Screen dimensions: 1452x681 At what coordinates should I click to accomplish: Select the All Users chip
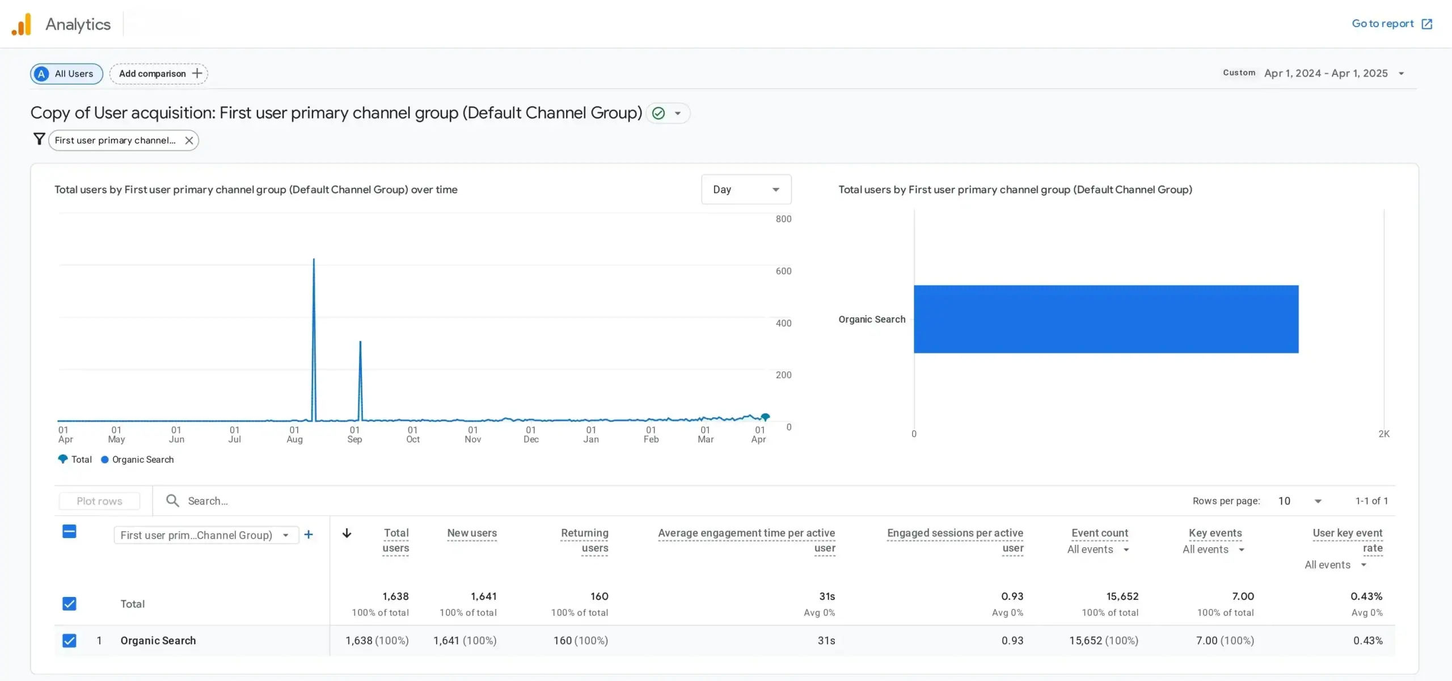66,74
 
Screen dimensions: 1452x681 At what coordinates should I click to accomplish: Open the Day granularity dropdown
746,190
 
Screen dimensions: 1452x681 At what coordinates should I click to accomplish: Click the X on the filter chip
189,140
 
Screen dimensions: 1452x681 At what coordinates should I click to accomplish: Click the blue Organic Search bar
1106,319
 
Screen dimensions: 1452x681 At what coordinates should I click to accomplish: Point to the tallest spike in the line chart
314,260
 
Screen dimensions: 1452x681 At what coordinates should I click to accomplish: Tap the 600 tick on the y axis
783,271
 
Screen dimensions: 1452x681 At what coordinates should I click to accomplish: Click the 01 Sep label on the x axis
354,435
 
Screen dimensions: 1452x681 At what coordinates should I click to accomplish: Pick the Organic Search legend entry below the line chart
137,460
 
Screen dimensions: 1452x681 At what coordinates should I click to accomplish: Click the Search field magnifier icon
172,501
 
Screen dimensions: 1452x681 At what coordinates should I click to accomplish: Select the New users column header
472,533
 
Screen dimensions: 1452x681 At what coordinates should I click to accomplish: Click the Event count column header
1100,533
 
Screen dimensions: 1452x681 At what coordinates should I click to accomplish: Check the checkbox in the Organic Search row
69,641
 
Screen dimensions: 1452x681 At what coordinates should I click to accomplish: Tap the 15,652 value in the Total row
1122,596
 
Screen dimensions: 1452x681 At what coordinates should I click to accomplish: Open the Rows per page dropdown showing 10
1299,501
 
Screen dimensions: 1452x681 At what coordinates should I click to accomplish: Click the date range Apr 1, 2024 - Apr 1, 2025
1326,73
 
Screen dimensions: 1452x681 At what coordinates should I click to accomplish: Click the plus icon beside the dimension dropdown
309,535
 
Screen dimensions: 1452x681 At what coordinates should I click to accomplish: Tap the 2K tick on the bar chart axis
1384,434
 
